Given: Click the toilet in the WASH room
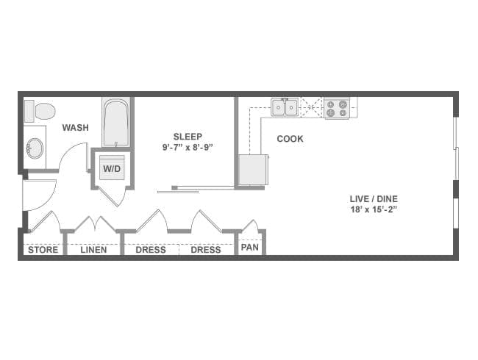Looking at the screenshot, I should (x=41, y=112).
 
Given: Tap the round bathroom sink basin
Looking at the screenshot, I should (x=35, y=148).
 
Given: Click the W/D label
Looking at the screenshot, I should (x=112, y=168).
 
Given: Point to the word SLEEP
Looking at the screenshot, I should (x=188, y=136).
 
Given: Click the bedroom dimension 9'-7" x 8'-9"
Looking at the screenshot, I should (x=188, y=148).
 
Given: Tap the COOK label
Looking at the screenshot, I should (x=290, y=138).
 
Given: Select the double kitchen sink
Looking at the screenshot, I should (x=285, y=108).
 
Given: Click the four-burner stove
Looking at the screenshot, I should (x=337, y=109).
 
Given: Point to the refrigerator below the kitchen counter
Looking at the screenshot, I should (x=253, y=170).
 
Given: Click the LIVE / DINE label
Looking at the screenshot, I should (x=374, y=198).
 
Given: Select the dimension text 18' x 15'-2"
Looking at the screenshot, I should (x=374, y=209).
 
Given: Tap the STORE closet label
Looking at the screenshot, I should (x=43, y=250).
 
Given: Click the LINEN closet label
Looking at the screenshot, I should (x=93, y=250).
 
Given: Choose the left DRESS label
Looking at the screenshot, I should (x=150, y=250).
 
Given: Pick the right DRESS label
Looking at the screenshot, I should (x=206, y=250).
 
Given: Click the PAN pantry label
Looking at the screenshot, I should (x=250, y=248).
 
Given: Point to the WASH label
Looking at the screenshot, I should (x=75, y=128).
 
